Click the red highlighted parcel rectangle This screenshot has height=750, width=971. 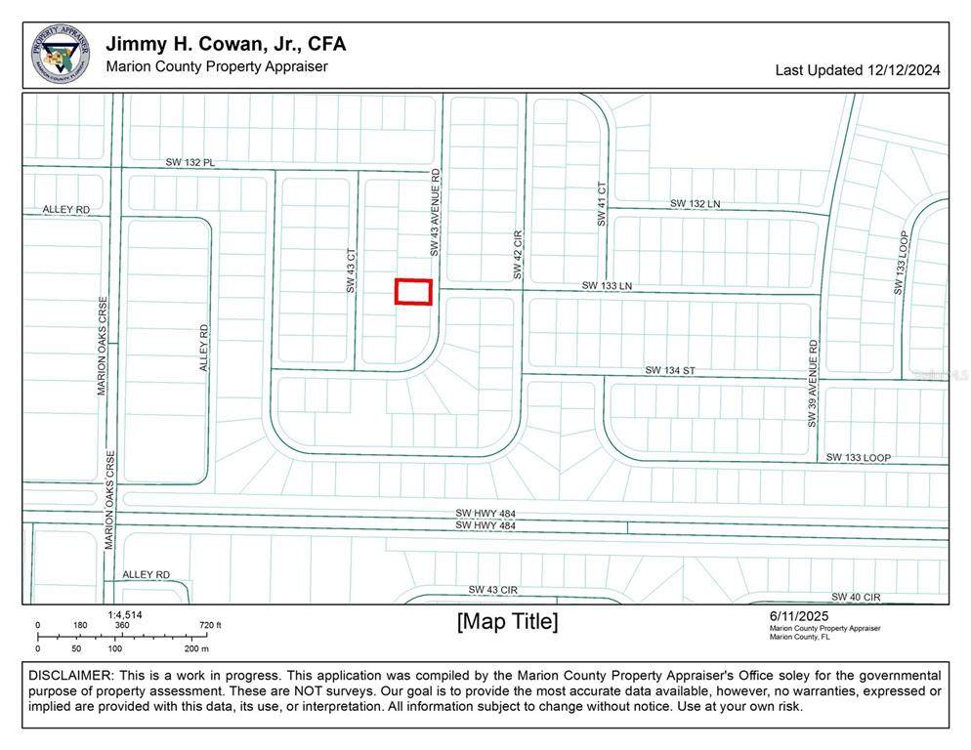click(x=413, y=291)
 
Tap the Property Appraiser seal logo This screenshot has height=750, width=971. click(x=61, y=53)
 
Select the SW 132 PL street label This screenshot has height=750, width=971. click(x=190, y=162)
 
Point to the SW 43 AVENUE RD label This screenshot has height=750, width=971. click(x=436, y=212)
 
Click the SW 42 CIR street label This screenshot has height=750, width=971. click(x=519, y=255)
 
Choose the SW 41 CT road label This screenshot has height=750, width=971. click(x=602, y=204)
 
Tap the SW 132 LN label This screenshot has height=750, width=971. click(x=695, y=203)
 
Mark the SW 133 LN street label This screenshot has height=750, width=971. click(x=608, y=285)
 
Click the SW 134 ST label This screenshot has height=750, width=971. click(x=669, y=370)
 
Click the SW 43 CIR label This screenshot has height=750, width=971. click(x=492, y=590)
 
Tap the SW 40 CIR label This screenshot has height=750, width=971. click(x=856, y=597)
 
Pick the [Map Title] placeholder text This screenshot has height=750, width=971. click(x=508, y=621)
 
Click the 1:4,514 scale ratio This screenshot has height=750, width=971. click(x=125, y=614)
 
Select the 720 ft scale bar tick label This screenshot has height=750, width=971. click(x=210, y=625)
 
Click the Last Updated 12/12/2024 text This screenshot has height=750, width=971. click(x=859, y=70)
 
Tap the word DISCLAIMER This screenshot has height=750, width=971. click(x=70, y=676)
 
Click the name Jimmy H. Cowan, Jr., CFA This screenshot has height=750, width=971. click(x=226, y=44)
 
